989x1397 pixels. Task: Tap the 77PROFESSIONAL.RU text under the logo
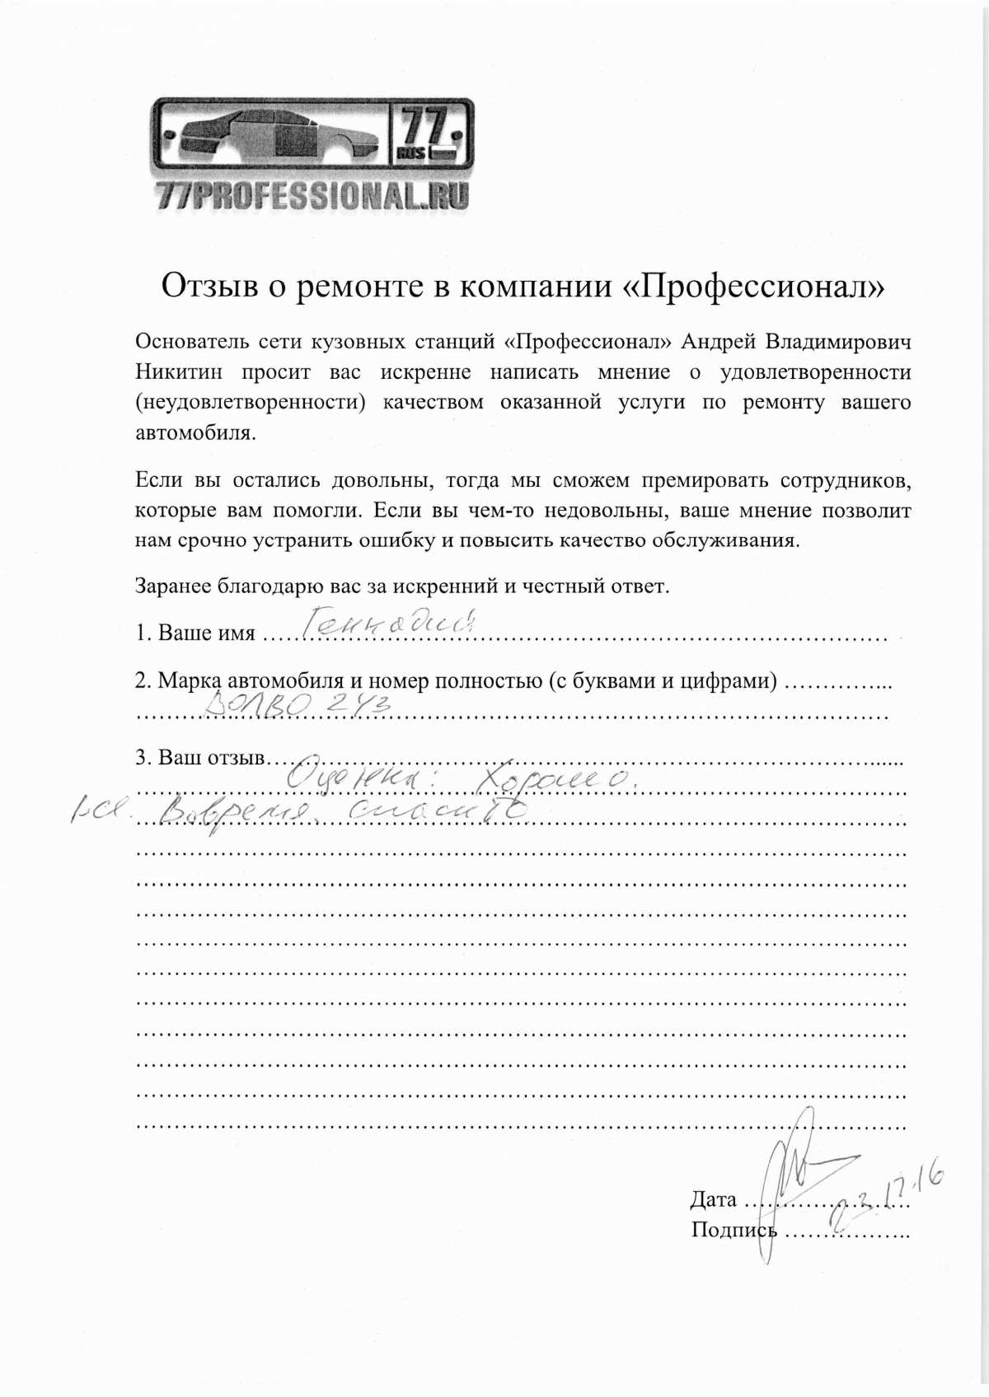(x=312, y=195)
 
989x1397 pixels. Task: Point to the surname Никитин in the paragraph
(x=179, y=371)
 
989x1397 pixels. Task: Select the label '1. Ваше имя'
(x=195, y=633)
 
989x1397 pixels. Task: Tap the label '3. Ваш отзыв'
(x=199, y=757)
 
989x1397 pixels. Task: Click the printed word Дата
(x=713, y=1199)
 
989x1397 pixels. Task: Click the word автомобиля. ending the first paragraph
(x=195, y=433)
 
